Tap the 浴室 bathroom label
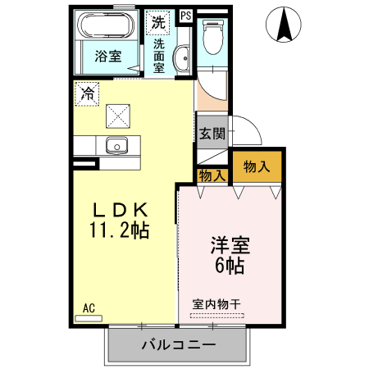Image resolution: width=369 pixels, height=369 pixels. [x=107, y=57]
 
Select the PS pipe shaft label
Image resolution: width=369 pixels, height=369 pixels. [x=185, y=15]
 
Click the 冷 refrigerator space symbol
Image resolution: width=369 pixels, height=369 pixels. [x=85, y=93]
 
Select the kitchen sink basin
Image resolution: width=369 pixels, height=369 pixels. [x=117, y=147]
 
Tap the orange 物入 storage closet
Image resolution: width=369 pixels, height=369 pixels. [x=257, y=167]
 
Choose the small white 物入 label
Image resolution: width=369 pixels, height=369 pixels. [x=212, y=175]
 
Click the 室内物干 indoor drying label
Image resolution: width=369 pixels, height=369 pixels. [x=216, y=303]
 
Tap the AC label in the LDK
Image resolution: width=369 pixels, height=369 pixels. [x=89, y=308]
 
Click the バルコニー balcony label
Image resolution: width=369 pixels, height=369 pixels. [x=177, y=344]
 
